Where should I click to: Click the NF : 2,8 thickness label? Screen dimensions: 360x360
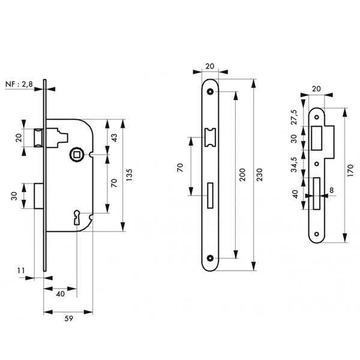click(19, 85)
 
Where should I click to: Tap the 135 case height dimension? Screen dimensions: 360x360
click(130, 175)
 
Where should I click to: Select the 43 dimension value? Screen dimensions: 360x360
click(114, 137)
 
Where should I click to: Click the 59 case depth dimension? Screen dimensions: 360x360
click(68, 319)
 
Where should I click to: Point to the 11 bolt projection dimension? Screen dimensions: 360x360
click(21, 271)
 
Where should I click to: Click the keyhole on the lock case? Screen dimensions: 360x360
click(76, 217)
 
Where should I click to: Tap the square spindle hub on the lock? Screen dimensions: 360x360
click(76, 154)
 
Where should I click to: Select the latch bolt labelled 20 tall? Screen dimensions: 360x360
click(38, 138)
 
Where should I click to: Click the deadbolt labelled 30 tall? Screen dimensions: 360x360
click(39, 196)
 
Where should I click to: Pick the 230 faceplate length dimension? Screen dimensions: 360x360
click(259, 175)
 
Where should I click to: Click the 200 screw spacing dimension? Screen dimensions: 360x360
click(242, 175)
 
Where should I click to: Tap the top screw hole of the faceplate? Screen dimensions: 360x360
click(210, 92)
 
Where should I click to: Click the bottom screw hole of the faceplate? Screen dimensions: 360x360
click(210, 258)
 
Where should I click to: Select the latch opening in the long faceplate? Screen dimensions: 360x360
click(210, 137)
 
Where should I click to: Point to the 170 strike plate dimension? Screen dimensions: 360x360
click(350, 170)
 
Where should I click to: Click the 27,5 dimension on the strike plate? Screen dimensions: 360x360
click(294, 117)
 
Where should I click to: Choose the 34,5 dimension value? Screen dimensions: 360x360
click(294, 164)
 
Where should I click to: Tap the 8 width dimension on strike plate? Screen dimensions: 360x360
click(331, 190)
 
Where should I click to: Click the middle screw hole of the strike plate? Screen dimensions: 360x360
click(317, 164)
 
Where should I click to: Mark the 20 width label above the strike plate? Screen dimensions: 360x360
click(316, 89)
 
